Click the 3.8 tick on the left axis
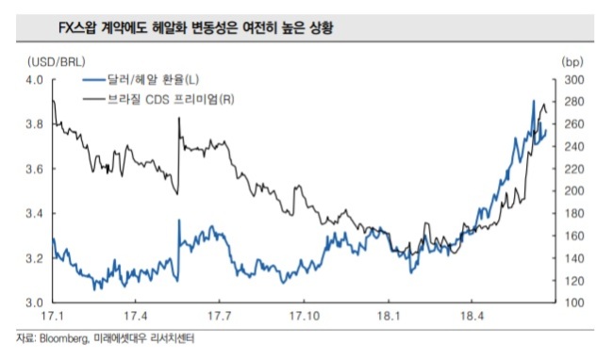pyautogui.click(x=34, y=124)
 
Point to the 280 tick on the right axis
pyautogui.click(x=574, y=102)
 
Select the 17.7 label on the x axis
pyautogui.click(x=220, y=316)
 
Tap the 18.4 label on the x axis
pyautogui.click(x=472, y=316)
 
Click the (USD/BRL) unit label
pyautogui.click(x=57, y=62)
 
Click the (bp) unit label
pyautogui.click(x=572, y=61)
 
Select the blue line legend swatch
pyautogui.click(x=94, y=80)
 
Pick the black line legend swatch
pyautogui.click(x=94, y=100)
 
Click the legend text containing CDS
pyautogui.click(x=171, y=100)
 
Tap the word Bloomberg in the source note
pyautogui.click(x=64, y=338)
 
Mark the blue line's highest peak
pyautogui.click(x=534, y=101)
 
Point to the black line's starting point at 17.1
pyautogui.click(x=53, y=100)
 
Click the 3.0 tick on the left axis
pyautogui.click(x=34, y=303)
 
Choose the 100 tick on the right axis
pyautogui.click(x=574, y=303)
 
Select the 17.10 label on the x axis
pyautogui.click(x=305, y=316)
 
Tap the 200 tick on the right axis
pyautogui.click(x=574, y=191)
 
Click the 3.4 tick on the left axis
pyautogui.click(x=34, y=214)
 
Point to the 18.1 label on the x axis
pyautogui.click(x=389, y=316)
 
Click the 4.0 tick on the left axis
pyautogui.click(x=34, y=80)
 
